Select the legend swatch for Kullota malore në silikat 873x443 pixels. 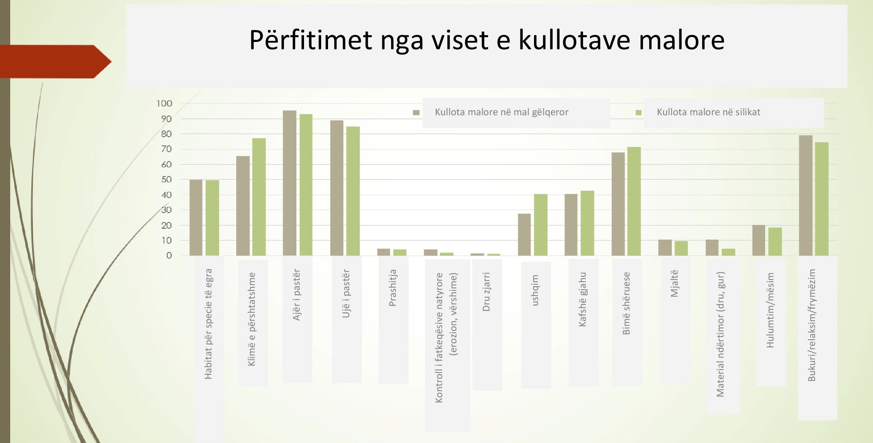point(638,113)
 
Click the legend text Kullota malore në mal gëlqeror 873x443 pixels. point(502,112)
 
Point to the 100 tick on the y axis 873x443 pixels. point(164,104)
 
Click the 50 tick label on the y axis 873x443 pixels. point(166,179)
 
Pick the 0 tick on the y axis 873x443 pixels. point(169,256)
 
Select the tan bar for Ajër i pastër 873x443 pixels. point(289,183)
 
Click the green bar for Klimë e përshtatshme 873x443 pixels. point(259,197)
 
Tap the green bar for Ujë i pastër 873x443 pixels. point(353,191)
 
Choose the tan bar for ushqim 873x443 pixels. point(524,234)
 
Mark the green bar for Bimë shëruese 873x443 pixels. point(634,201)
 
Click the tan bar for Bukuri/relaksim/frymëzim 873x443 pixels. point(806,195)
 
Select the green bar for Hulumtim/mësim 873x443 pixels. point(775,241)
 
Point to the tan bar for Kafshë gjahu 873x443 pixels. point(571,225)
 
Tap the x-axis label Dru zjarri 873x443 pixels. point(486,292)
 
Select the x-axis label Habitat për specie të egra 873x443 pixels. point(208,324)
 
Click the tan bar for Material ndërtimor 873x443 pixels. point(712,248)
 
